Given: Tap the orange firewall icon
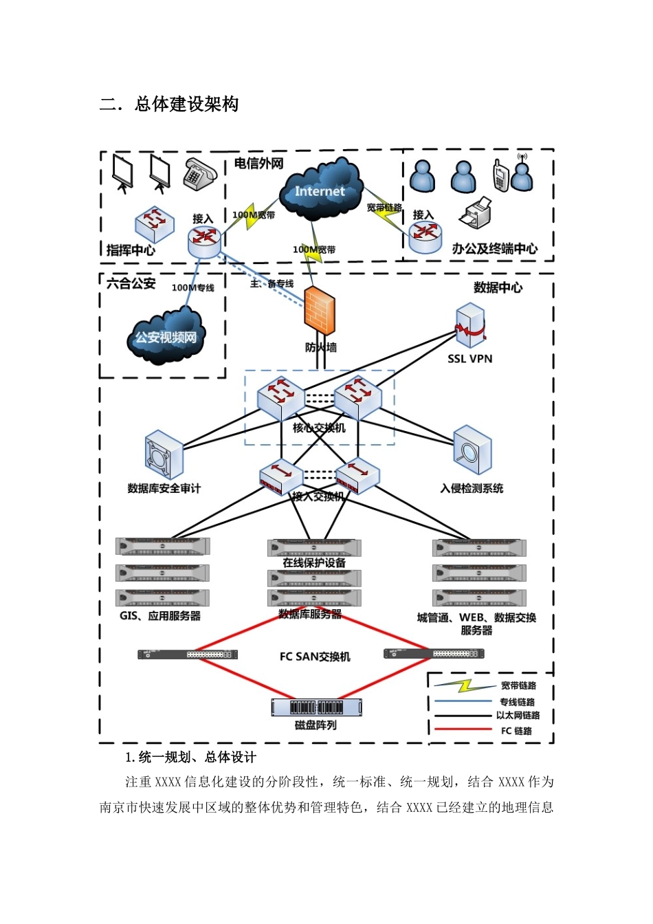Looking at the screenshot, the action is tap(319, 310).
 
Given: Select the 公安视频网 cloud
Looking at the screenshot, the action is tap(166, 335).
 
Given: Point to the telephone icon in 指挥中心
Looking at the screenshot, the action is tap(199, 175).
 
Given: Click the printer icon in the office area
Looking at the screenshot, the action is tap(475, 212).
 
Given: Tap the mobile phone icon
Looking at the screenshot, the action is tap(500, 175).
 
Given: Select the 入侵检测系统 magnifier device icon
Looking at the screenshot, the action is tap(472, 450).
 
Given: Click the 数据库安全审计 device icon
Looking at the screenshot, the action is tap(164, 454).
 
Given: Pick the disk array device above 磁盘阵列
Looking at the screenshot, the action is tap(316, 707).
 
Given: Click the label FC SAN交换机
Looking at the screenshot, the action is tap(315, 657).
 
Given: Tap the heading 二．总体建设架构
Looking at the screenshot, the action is tap(169, 104).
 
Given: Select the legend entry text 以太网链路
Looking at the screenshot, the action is tap(518, 715).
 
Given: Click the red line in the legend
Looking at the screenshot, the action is tap(463, 729).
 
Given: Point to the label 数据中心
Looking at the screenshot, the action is tap(498, 287).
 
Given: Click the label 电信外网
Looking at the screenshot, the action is tap(258, 164).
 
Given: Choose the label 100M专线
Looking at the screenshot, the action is tap(192, 287).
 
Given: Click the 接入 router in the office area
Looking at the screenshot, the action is tap(425, 237).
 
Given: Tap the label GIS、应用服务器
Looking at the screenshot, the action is tap(160, 616).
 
